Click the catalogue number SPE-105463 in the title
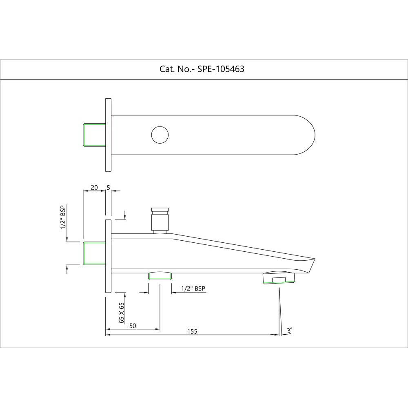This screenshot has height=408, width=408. pyautogui.click(x=221, y=69)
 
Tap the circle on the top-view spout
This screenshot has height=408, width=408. pyautogui.click(x=160, y=135)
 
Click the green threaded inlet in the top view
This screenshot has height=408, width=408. pyautogui.click(x=94, y=135)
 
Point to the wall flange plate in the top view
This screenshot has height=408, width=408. pyautogui.click(x=108, y=135)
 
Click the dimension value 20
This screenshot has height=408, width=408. pyautogui.click(x=94, y=187)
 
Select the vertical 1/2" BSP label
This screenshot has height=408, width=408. pyautogui.click(x=63, y=217)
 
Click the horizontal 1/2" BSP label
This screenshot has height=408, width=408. pyautogui.click(x=194, y=288)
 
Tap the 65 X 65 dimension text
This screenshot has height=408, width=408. pyautogui.click(x=122, y=313)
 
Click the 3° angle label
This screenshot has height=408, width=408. pyautogui.click(x=289, y=330)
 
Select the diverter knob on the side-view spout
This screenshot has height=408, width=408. pyautogui.click(x=160, y=219)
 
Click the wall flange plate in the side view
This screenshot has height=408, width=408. pyautogui.click(x=108, y=256)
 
